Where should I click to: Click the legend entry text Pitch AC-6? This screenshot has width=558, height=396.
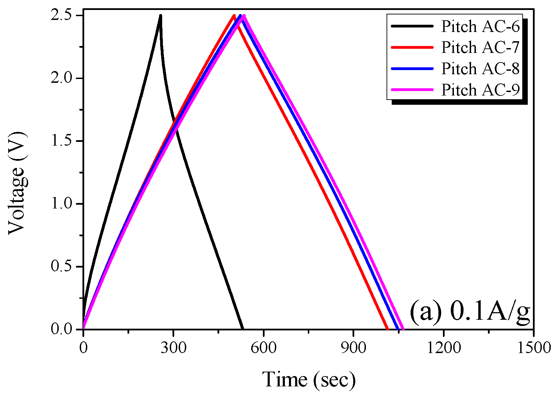[x=480, y=26]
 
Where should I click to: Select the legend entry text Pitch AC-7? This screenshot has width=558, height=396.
[x=480, y=47]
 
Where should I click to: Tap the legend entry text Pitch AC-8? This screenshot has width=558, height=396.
[x=480, y=69]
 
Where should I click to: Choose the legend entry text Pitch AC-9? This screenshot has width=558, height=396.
[x=480, y=90]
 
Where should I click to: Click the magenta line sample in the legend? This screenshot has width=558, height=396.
[x=412, y=90]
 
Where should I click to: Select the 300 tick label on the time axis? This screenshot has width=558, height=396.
[x=173, y=348]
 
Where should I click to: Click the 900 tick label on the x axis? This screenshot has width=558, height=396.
[x=354, y=348]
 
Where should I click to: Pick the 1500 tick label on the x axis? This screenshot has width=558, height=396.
[x=533, y=348]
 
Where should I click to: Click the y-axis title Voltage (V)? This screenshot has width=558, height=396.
[x=17, y=183]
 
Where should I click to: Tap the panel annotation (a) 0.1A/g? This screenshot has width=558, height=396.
[x=470, y=312]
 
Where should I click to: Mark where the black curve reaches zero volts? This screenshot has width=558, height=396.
[x=243, y=329]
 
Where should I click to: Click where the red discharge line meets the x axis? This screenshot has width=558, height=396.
[x=387, y=329]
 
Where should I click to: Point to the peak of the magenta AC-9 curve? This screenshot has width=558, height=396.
[x=244, y=16]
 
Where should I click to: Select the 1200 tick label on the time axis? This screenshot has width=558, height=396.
[x=444, y=348]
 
